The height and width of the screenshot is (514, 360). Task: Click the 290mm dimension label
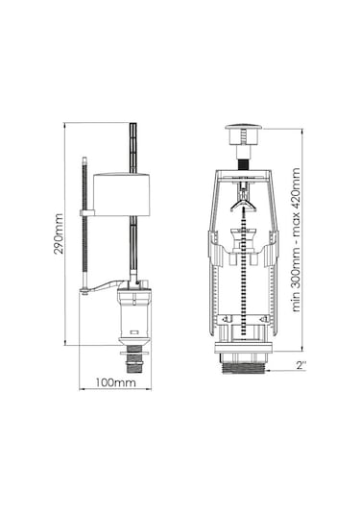coord(59,233)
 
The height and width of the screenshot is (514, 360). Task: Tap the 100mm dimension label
coord(115,382)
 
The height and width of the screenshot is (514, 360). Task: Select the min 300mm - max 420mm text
coord(296,239)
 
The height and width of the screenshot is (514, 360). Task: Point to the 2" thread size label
coord(301,365)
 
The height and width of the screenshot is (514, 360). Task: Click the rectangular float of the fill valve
coord(122,195)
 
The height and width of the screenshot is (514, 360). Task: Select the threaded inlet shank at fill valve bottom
coord(134,363)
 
